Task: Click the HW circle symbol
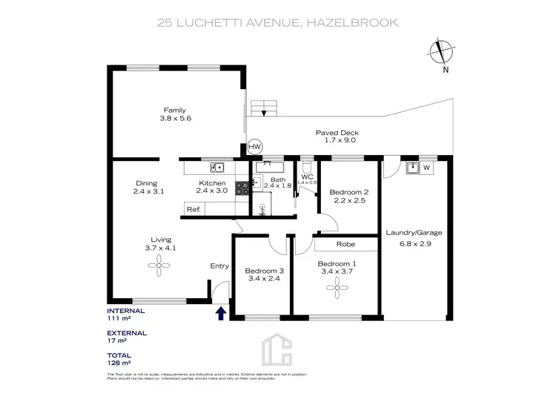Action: click(255, 147)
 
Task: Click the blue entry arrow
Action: click(220, 314)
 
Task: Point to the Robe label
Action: click(345, 244)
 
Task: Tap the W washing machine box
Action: click(427, 168)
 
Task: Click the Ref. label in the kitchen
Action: click(193, 210)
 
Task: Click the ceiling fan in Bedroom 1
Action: click(337, 291)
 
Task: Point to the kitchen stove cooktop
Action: click(242, 188)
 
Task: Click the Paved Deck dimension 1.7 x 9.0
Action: click(340, 140)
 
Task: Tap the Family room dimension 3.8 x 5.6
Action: click(175, 118)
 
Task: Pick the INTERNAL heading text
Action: click(125, 310)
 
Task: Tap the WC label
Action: click(307, 176)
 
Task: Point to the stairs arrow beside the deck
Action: click(265, 111)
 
